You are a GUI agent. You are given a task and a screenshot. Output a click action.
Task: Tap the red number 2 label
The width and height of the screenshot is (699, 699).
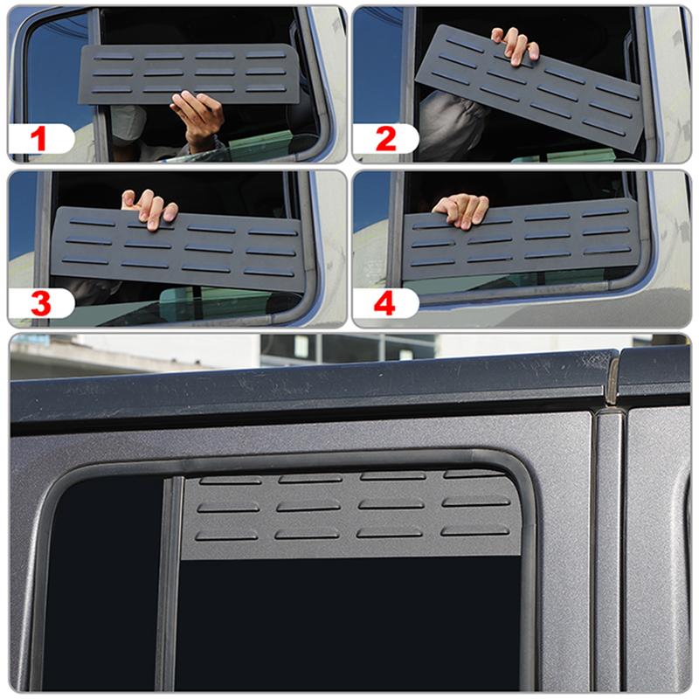pyautogui.click(x=385, y=139)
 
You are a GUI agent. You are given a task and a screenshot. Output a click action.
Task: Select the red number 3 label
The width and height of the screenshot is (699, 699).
pyautogui.click(x=39, y=303)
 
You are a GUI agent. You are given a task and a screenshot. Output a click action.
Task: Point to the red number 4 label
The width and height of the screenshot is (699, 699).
pyautogui.click(x=385, y=303)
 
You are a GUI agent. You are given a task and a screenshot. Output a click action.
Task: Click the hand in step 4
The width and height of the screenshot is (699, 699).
pyautogui.click(x=461, y=209)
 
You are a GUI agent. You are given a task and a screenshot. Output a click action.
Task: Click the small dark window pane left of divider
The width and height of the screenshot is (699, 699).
pyautogui.click(x=100, y=585)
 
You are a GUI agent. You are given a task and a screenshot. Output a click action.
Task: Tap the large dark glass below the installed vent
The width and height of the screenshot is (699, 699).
pyautogui.click(x=349, y=625)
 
